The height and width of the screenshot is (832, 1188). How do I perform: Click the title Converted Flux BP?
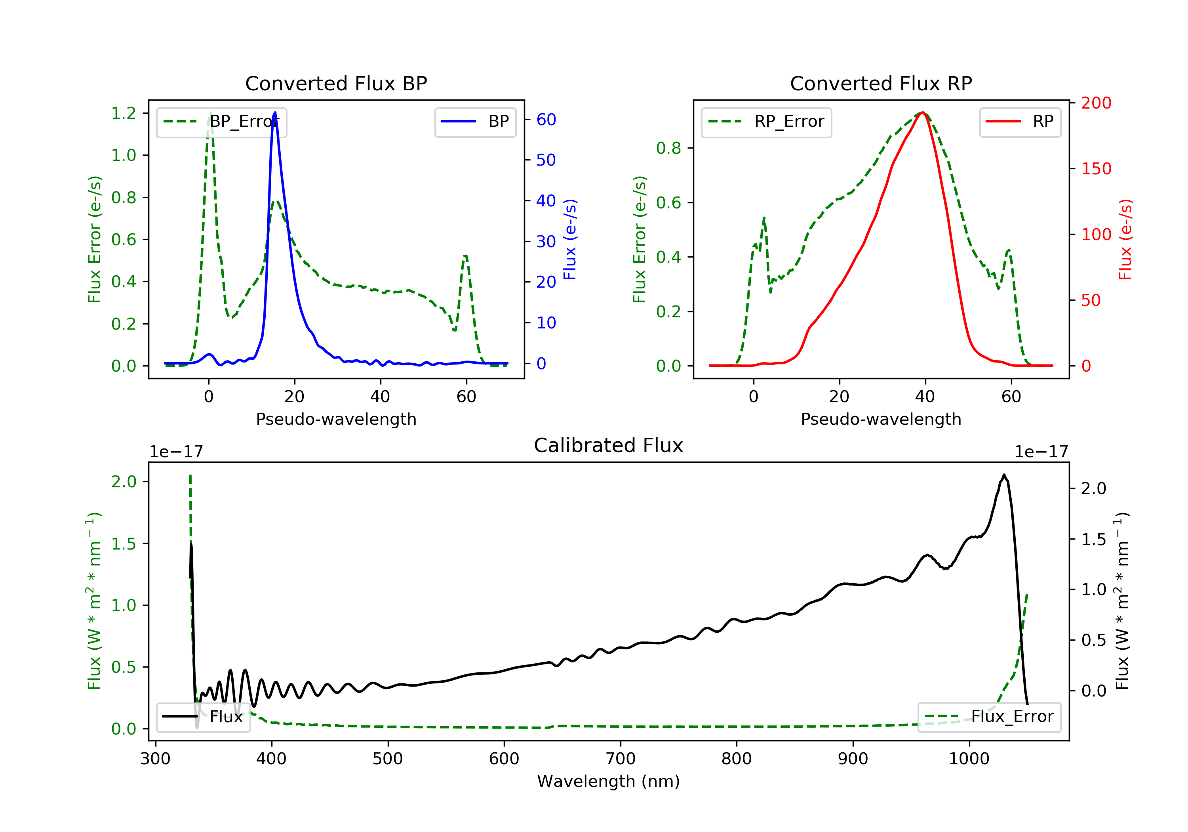[x=336, y=83]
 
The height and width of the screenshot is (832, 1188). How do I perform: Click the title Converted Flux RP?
[x=881, y=83]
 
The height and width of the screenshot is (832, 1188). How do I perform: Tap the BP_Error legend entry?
[x=221, y=122]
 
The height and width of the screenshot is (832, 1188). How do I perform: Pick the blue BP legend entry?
[x=475, y=122]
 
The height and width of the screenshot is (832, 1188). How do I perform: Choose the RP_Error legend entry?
[x=766, y=122]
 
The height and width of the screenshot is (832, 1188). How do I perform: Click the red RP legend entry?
[x=1020, y=122]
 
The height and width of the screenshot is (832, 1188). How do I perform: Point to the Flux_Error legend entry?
[x=989, y=717]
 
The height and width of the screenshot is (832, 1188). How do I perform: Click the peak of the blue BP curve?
[x=275, y=113]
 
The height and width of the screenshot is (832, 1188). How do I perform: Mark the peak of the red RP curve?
[x=923, y=113]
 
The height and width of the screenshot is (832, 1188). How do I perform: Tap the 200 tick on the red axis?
[x=1096, y=103]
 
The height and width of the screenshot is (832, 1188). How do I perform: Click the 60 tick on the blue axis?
[x=546, y=120]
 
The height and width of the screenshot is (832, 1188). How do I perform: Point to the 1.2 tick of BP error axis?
[x=124, y=113]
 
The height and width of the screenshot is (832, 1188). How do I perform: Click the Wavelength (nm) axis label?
[x=609, y=781]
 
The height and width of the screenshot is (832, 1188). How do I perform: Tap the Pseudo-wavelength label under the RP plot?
[x=881, y=419]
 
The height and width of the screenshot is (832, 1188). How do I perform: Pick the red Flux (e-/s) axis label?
[x=1125, y=239]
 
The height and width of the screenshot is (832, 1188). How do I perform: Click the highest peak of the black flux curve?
[x=1004, y=475]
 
